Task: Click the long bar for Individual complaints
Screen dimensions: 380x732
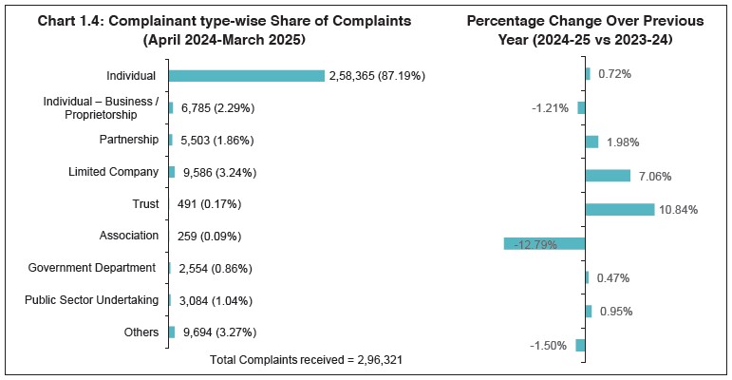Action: coord(246,75)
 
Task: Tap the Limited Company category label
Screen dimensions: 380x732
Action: coord(113,172)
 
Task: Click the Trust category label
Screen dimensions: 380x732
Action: coord(145,203)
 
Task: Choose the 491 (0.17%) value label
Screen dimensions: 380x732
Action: coord(209,204)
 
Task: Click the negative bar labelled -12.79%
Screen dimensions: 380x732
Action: coord(544,243)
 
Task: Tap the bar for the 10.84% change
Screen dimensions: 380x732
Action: coord(619,209)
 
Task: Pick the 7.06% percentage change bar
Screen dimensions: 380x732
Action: coord(608,176)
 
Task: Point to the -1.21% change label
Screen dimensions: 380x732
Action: coord(550,108)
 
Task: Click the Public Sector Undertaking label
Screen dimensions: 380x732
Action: coord(91,300)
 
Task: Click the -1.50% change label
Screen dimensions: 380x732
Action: coord(550,346)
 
